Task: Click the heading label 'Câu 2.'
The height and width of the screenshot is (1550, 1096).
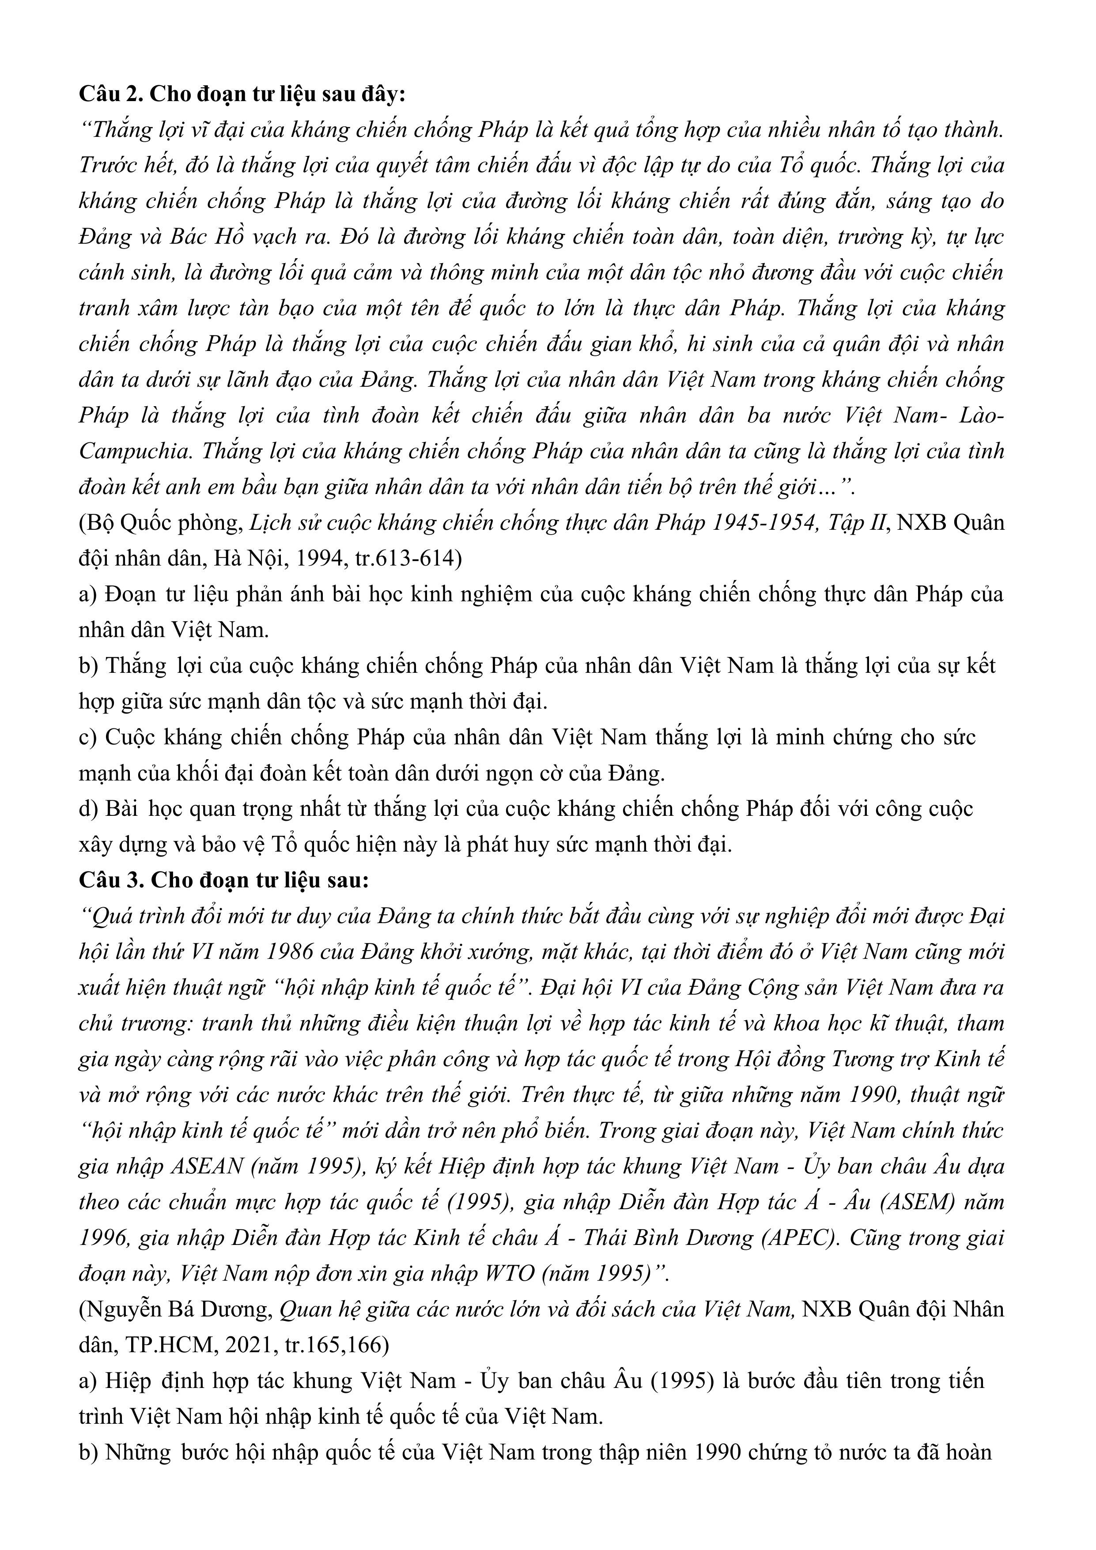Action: tap(111, 94)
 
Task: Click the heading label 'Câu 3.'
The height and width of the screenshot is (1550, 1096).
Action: tap(111, 880)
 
